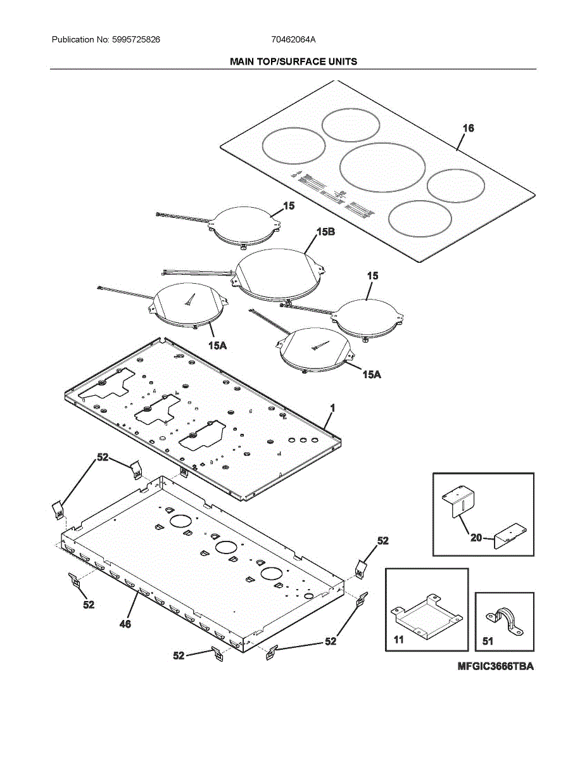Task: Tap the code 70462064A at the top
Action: (x=293, y=39)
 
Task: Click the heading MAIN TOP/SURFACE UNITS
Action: (x=293, y=61)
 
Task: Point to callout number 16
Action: (x=468, y=128)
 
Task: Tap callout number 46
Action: (x=125, y=624)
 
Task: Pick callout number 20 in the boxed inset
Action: (x=476, y=538)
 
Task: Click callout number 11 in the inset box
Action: (x=398, y=640)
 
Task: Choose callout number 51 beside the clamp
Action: (x=488, y=641)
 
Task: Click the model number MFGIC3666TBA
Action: (x=496, y=666)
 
